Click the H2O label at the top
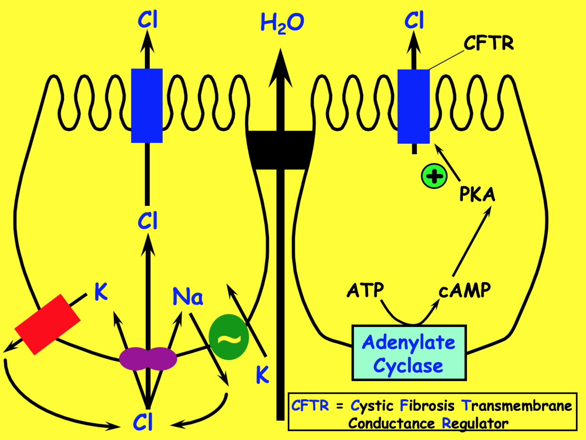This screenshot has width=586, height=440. pyautogui.click(x=282, y=23)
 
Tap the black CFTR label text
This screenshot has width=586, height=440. pyautogui.click(x=488, y=44)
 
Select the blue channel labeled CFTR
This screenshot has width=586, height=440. pyautogui.click(x=413, y=106)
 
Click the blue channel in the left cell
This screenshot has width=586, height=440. pyautogui.click(x=147, y=105)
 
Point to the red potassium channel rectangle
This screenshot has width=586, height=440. pyautogui.click(x=47, y=324)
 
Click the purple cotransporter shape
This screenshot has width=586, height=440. pyautogui.click(x=148, y=359)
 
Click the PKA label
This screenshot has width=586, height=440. pyautogui.click(x=477, y=194)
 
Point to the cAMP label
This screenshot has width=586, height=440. pyautogui.click(x=465, y=291)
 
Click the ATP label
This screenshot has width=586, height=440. pyautogui.click(x=365, y=290)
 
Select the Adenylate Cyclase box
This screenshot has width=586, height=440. pyautogui.click(x=409, y=353)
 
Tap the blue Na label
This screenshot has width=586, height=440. pyautogui.click(x=188, y=297)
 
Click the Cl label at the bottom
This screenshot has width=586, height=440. pyautogui.click(x=143, y=423)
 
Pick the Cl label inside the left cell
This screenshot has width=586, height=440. pyautogui.click(x=147, y=221)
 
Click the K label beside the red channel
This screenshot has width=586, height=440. pyautogui.click(x=101, y=291)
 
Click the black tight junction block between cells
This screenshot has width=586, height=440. pyautogui.click(x=280, y=149)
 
